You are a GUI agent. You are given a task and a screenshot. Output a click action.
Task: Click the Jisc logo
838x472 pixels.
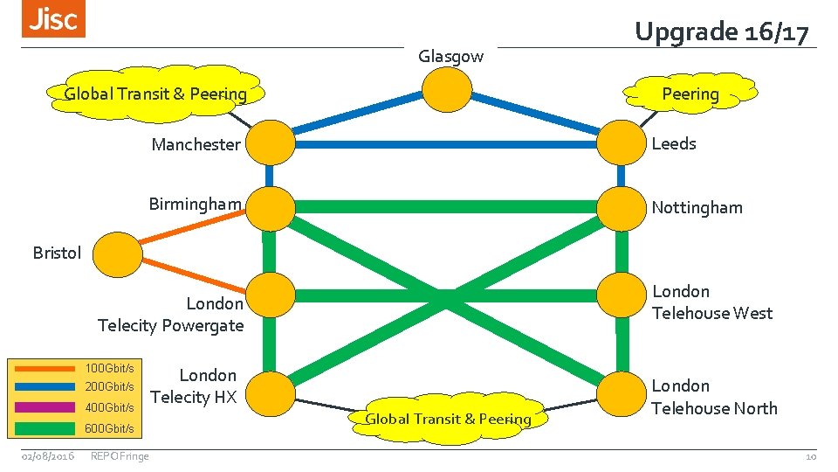(x=53, y=19)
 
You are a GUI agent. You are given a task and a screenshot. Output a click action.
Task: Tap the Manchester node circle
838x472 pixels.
(x=271, y=143)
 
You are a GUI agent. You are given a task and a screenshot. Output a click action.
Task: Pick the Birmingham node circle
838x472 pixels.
(x=271, y=207)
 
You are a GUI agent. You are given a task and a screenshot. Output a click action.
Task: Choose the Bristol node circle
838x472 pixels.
(x=117, y=253)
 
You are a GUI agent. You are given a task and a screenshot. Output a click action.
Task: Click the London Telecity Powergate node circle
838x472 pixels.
(x=271, y=296)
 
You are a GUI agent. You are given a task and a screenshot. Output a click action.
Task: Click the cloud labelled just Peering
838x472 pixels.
(x=690, y=94)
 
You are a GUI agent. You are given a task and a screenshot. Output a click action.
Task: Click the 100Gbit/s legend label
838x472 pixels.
(x=109, y=368)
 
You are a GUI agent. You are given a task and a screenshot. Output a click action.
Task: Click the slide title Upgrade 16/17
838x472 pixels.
(x=722, y=32)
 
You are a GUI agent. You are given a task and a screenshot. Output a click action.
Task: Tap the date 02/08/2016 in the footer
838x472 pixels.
(x=48, y=455)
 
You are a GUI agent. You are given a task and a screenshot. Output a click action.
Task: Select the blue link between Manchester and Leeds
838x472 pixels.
(x=445, y=143)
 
